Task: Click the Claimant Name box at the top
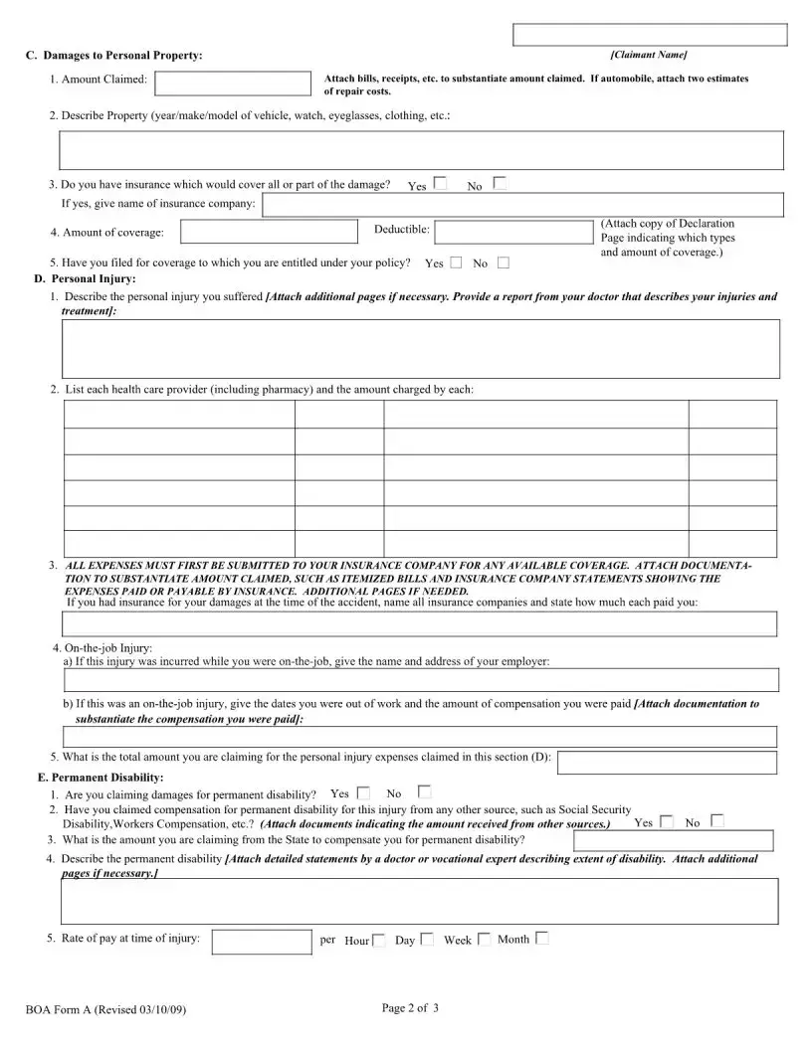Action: coord(649,35)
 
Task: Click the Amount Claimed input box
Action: coord(234,84)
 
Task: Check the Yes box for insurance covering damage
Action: coord(440,184)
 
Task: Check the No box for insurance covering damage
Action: coord(500,184)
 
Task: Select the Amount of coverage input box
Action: coord(269,232)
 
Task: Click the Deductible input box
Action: coord(513,232)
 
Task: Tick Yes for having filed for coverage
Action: coord(456,262)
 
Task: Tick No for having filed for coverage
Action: coord(503,262)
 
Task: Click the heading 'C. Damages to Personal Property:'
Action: coord(113,55)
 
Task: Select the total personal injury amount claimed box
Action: coord(667,762)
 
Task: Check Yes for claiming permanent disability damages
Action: coord(363,792)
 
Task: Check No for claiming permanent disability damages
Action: coord(425,792)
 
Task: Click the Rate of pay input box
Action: coord(262,942)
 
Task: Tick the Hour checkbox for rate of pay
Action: coord(379,940)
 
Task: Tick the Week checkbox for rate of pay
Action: coord(484,939)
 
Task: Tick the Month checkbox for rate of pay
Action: coord(541,938)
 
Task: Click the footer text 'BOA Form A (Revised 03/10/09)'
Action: coord(105,1010)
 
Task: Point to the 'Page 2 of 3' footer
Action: coord(410,1008)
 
